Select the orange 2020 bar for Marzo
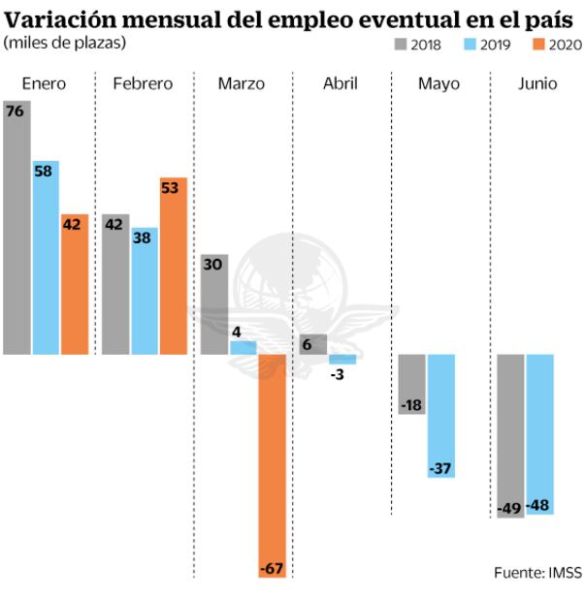[x=273, y=465]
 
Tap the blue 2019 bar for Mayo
[x=441, y=416]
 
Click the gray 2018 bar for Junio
[x=510, y=436]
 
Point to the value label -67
[x=273, y=568]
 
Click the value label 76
[x=16, y=111]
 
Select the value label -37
[x=441, y=469]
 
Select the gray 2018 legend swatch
[x=400, y=44]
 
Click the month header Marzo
[x=241, y=84]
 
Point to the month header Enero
[x=44, y=84]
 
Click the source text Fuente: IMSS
[x=537, y=573]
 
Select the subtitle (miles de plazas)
[x=65, y=43]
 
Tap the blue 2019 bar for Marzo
[x=243, y=347]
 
